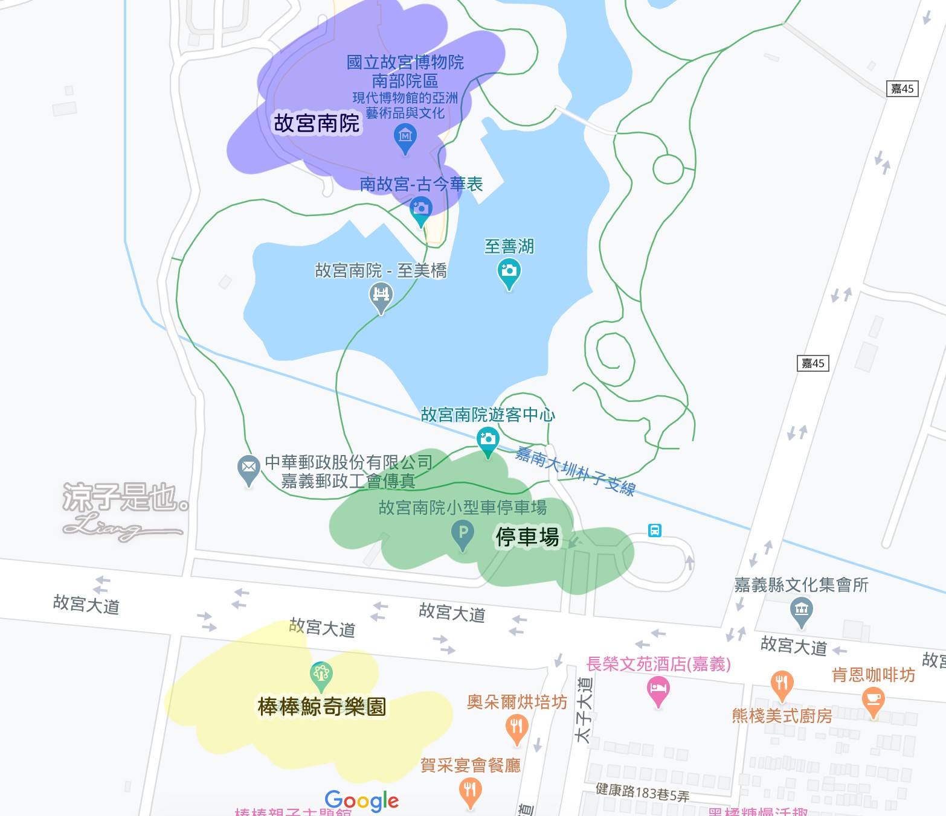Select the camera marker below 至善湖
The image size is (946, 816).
[x=509, y=272]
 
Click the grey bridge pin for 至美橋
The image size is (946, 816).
[x=381, y=296]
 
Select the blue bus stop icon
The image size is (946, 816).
[x=654, y=531]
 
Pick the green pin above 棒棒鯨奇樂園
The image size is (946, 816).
[x=321, y=674]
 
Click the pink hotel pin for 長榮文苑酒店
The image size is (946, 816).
[x=658, y=689]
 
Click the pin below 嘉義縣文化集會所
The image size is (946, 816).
[x=801, y=610]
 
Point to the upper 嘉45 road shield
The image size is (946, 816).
[x=903, y=89]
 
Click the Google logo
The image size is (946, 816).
[x=361, y=801]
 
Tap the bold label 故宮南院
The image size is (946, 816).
[x=317, y=123]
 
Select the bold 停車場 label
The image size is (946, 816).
[x=527, y=537]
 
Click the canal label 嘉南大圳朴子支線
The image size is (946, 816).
[x=574, y=471]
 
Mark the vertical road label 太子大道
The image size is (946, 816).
[x=584, y=709]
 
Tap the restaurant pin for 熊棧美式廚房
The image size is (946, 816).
[x=781, y=683]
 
